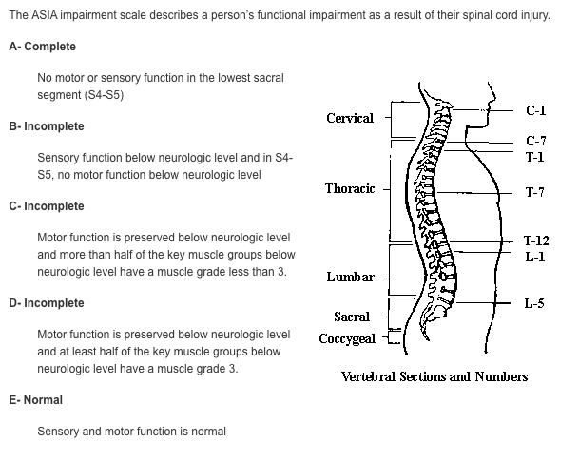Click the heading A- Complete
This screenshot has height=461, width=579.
click(x=43, y=47)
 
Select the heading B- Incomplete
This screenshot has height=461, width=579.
click(x=47, y=126)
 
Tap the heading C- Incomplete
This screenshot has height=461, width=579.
click(x=47, y=206)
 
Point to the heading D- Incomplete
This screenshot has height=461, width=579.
click(x=47, y=303)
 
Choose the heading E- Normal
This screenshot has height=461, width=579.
click(x=36, y=400)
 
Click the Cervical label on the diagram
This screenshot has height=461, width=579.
click(x=350, y=118)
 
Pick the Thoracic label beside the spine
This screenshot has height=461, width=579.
click(x=350, y=188)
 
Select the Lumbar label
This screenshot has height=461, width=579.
click(x=351, y=277)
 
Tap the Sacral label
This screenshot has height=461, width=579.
click(x=352, y=317)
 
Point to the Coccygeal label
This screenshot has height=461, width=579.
click(x=347, y=338)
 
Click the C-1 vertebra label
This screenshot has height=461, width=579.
click(x=536, y=110)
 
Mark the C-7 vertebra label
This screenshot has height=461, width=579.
click(x=536, y=141)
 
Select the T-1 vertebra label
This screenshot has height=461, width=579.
click(x=535, y=157)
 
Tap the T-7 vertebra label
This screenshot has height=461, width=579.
click(x=535, y=192)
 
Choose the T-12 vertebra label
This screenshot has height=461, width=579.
click(x=536, y=240)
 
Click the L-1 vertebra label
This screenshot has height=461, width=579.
click(x=535, y=257)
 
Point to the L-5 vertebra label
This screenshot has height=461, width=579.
click(x=534, y=303)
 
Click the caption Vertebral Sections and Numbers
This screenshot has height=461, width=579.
click(x=434, y=376)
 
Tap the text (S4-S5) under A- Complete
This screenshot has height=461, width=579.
click(x=105, y=95)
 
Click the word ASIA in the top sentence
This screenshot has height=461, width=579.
click(x=45, y=15)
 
